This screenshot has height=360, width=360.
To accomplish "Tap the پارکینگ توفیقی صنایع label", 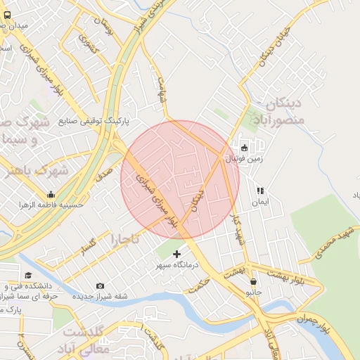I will click(87, 121).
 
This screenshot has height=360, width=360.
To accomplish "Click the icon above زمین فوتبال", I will click(244, 148).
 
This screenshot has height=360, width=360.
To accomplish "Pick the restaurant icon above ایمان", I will click(260, 190).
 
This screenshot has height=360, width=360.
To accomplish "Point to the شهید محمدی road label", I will click(333, 241).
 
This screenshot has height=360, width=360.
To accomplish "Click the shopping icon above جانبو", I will click(253, 281).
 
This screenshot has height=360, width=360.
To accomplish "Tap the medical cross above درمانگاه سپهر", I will click(176, 254).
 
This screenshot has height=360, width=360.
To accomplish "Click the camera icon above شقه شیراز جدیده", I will click(100, 285).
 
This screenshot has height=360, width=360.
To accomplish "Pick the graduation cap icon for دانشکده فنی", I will click(28, 276).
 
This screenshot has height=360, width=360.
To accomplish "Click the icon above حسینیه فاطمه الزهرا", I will click(51, 194).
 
